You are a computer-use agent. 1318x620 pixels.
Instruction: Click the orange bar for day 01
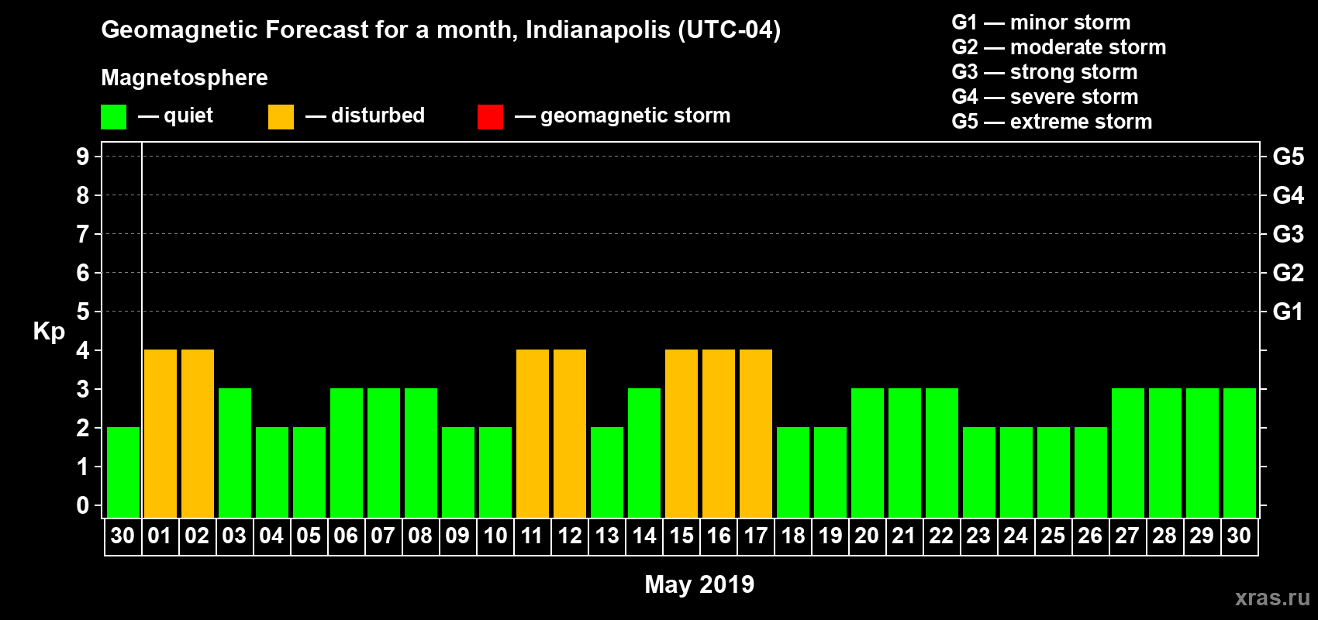coord(160,433)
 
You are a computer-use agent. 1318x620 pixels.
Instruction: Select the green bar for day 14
coord(644,453)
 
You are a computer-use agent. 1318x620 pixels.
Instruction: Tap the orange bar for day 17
coord(756,433)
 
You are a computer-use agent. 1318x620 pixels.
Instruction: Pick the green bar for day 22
coord(942,453)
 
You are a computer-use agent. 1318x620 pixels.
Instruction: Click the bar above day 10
coord(495,472)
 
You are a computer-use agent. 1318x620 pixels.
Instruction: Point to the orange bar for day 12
coord(570,433)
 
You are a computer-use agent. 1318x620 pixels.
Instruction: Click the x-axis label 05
coord(309,536)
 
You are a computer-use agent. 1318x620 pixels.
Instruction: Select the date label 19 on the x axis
coord(830,536)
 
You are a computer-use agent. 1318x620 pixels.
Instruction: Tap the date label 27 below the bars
coord(1127,536)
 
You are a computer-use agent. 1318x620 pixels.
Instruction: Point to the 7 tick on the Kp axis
coord(83,234)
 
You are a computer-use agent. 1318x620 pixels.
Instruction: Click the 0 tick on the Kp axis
coord(83,505)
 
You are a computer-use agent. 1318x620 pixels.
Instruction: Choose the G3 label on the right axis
coord(1288,234)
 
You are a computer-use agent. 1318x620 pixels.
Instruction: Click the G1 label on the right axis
coord(1288,312)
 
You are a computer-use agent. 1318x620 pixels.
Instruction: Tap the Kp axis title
coord(49,331)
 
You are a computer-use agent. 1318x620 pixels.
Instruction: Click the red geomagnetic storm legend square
coord(490,117)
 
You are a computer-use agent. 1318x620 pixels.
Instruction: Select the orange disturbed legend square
coord(281,117)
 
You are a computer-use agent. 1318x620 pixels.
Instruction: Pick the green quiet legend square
coord(113,117)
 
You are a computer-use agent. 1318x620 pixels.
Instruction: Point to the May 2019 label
coord(699,584)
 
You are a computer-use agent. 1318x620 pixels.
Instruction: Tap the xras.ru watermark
coord(1272,598)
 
